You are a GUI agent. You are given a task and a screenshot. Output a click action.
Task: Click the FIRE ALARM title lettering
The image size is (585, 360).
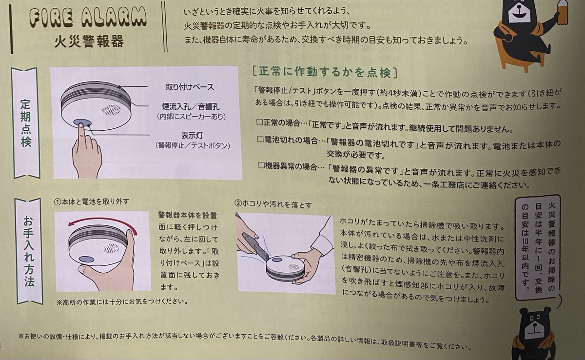pyautogui.click(x=88, y=18)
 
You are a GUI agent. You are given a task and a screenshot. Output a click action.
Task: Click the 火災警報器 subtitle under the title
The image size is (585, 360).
pyautogui.click(x=89, y=41)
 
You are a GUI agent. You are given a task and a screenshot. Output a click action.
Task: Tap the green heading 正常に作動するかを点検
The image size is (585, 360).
pyautogui.click(x=325, y=72)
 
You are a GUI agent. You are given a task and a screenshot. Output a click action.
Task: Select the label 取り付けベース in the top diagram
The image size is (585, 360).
pyautogui.click(x=190, y=87)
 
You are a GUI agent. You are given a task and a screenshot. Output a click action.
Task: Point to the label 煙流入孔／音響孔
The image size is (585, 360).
pyautogui.click(x=191, y=107)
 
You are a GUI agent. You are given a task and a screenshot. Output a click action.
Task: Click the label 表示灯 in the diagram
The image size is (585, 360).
pyautogui.click(x=192, y=136)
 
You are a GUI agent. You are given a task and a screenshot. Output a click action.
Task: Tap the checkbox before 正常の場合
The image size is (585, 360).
pyautogui.click(x=259, y=122)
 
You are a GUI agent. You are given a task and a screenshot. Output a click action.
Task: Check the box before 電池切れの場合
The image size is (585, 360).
pyautogui.click(x=260, y=139)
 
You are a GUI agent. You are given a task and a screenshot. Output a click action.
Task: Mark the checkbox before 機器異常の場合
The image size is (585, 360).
pyautogui.click(x=261, y=165)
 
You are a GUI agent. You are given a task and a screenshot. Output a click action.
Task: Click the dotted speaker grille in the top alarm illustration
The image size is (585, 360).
pyautogui.click(x=112, y=110)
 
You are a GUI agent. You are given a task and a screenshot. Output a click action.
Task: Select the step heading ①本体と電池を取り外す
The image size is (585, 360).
pyautogui.click(x=92, y=201)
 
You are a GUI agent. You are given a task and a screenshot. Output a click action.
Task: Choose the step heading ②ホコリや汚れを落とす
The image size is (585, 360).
pyautogui.click(x=273, y=204)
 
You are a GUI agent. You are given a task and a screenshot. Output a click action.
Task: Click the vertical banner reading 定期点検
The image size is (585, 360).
pyautogui.click(x=25, y=123)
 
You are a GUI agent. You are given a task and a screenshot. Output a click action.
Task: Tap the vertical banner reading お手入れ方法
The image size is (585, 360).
pyautogui.click(x=29, y=251)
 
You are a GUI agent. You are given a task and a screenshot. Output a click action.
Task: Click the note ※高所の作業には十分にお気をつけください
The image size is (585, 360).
pyautogui.click(x=122, y=302)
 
